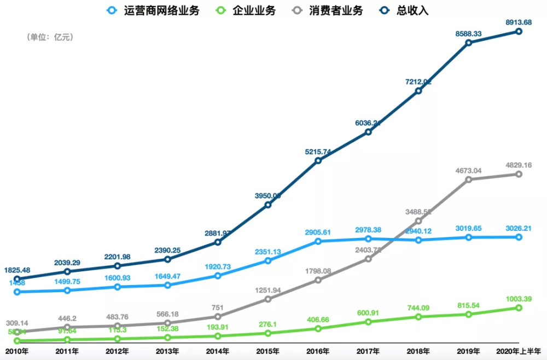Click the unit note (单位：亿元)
(49, 37)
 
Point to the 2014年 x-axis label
(218, 351)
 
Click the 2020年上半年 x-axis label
(518, 351)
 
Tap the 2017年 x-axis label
(368, 351)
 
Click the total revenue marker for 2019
(469, 43)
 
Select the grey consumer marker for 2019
(469, 179)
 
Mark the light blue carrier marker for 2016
(318, 241)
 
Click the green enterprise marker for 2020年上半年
(519, 308)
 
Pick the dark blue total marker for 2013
(168, 259)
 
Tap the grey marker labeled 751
(218, 317)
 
